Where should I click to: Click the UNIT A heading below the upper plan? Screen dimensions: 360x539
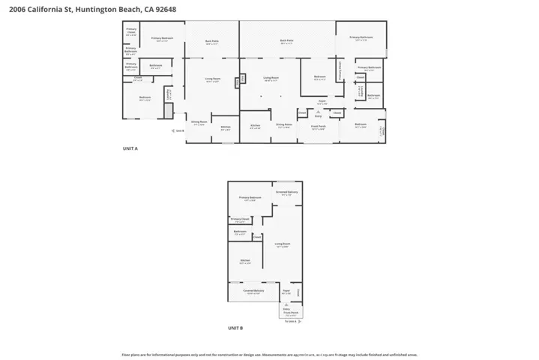coord(130,149)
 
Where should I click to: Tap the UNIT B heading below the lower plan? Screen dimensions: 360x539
coord(235,328)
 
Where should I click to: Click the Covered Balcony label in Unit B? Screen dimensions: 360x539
coord(253,291)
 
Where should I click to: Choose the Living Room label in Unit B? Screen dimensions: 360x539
coord(283,244)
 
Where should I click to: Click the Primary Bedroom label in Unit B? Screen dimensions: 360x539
coord(250,199)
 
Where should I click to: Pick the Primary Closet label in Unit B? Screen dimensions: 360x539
coord(240,220)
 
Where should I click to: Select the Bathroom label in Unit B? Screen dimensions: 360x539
coord(240,232)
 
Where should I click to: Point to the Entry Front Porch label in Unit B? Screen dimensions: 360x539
coord(286,310)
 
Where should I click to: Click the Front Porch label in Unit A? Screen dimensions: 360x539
coord(319,128)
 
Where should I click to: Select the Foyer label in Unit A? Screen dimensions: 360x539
coord(321,103)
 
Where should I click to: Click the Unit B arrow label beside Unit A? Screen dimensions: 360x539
coord(178,131)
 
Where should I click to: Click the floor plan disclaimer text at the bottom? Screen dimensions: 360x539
coord(269,354)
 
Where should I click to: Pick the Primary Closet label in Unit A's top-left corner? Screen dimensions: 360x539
coord(131,32)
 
